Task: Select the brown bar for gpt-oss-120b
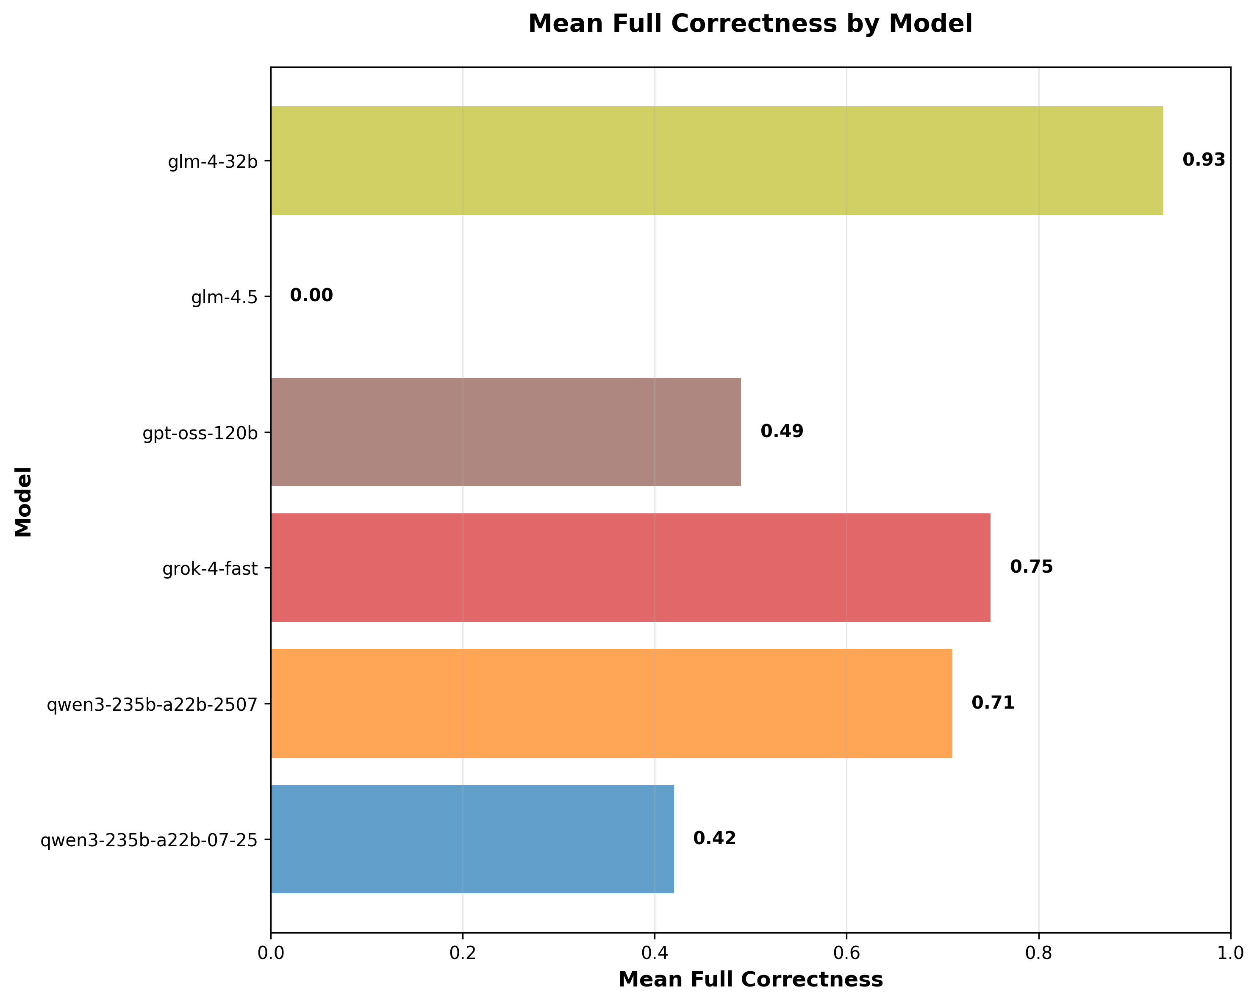point(505,432)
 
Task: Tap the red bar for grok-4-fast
point(630,568)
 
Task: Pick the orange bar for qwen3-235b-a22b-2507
point(611,704)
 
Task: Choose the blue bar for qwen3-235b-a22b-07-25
point(472,839)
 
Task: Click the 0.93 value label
point(1203,160)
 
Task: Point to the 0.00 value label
point(311,296)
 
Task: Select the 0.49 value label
point(782,432)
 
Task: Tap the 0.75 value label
point(1031,567)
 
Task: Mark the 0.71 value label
point(993,703)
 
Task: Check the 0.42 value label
point(714,839)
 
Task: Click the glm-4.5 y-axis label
point(225,297)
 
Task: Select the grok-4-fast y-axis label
point(210,569)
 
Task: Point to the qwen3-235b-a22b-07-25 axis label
point(149,840)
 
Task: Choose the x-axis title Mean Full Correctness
point(750,980)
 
